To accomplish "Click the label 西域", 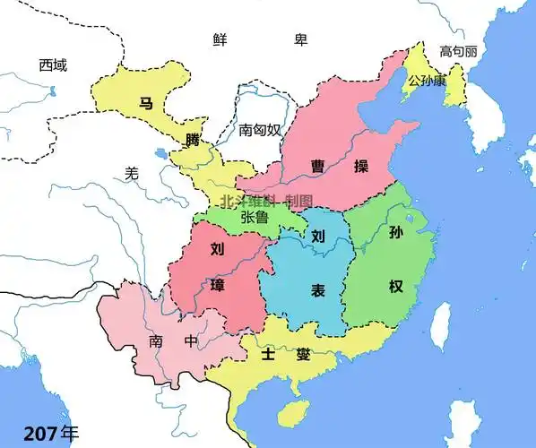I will pos(53,65).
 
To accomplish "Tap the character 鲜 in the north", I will pos(220,39).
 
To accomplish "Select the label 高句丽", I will pos(458,51).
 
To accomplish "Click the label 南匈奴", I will pos(260,130).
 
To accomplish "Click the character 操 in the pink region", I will pos(361,167).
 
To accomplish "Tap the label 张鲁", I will pos(255,218).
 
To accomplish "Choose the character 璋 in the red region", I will pos(217,286).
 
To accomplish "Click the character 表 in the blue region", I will pos(317,289).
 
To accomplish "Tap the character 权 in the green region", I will pos(396,287).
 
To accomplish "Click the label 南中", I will pos(169,341).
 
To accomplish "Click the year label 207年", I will pos(51,433).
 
